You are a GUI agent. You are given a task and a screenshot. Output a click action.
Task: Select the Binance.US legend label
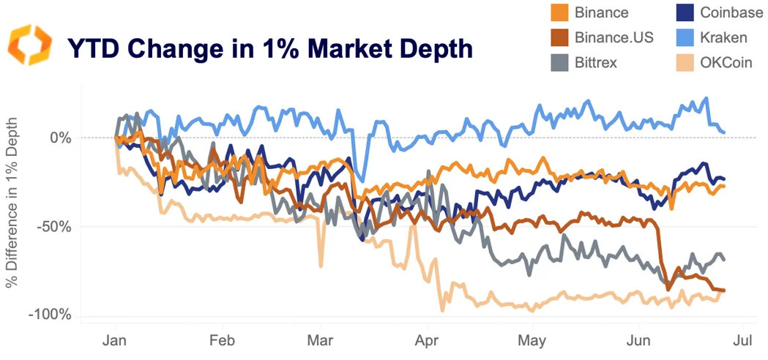click(x=614, y=37)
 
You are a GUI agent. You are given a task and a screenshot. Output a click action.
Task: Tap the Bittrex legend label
click(x=596, y=62)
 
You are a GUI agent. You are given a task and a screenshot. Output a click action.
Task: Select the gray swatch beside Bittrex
click(x=560, y=62)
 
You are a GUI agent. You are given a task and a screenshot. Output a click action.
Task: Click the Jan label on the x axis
click(x=115, y=340)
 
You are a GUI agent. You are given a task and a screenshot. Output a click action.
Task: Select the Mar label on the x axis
click(x=320, y=340)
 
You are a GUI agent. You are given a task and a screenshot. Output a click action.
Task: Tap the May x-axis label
click(x=532, y=340)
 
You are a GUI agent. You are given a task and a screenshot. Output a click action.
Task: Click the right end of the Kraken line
click(x=724, y=132)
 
